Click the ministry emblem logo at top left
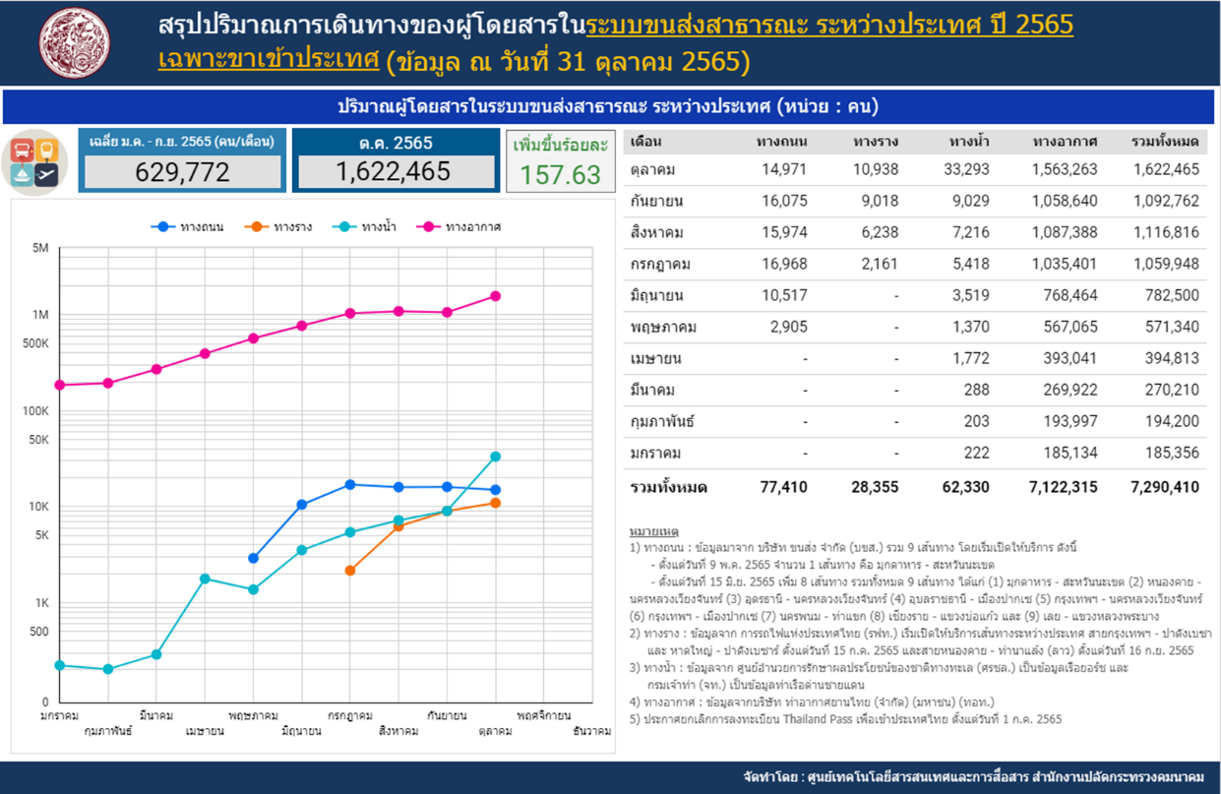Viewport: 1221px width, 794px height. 76,42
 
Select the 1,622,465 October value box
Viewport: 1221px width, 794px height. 396,172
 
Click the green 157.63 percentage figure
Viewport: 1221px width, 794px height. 560,174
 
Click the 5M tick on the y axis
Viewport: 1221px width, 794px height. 40,249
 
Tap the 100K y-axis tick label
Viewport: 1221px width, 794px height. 36,411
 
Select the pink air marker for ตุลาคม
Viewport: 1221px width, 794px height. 496,296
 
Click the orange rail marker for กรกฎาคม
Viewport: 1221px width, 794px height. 350,571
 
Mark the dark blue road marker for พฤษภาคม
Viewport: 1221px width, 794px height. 254,559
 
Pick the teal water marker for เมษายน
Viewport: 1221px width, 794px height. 205,580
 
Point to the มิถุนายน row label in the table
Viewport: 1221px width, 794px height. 656,295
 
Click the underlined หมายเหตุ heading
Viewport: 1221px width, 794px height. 653,531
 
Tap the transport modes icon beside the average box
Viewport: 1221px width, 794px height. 35,162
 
